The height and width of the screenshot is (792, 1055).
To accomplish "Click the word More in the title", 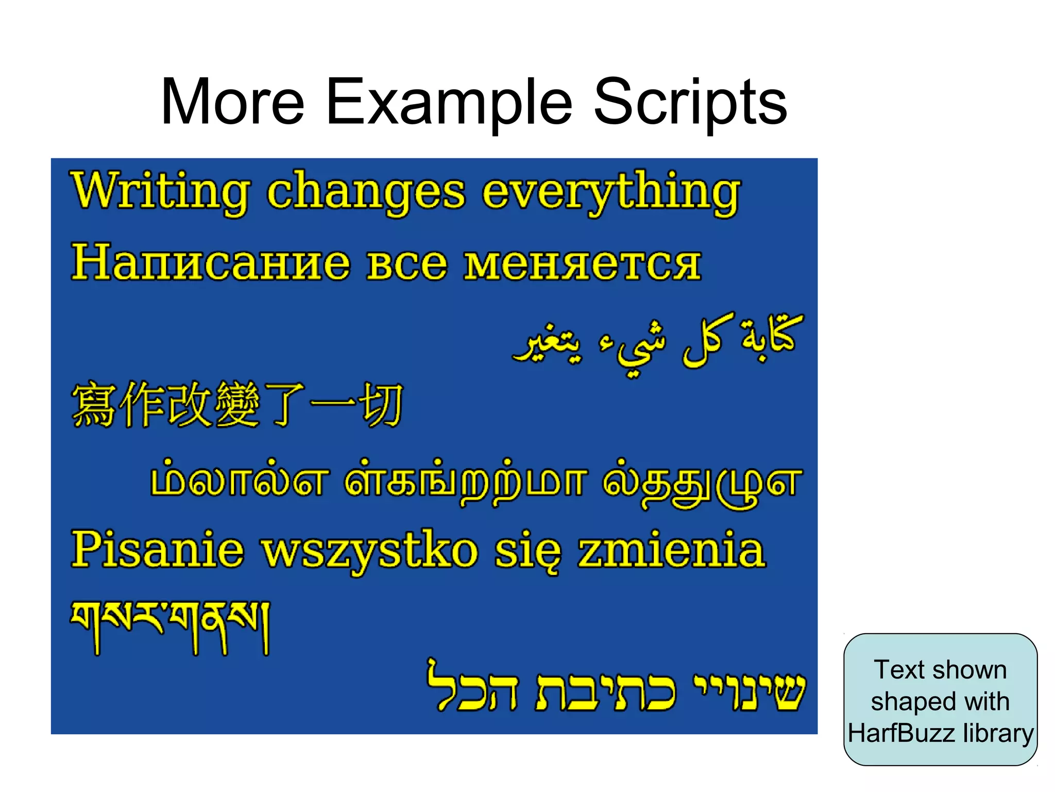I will [233, 102].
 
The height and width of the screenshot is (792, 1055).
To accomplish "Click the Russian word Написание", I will [211, 263].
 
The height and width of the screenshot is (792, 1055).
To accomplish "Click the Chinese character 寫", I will [93, 405].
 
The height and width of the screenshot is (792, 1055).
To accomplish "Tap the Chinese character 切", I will [382, 405].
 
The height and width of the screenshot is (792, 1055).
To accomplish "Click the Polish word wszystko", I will [370, 551].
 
